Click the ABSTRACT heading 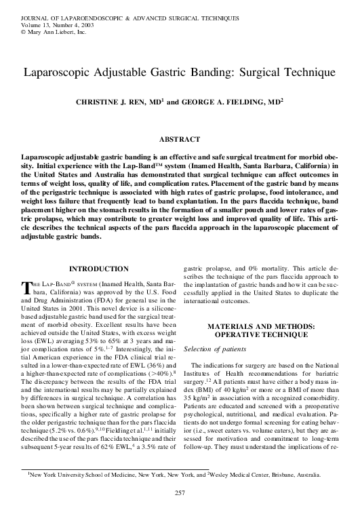[180, 139]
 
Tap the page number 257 [180, 492]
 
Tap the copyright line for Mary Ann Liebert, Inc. [47, 31]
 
